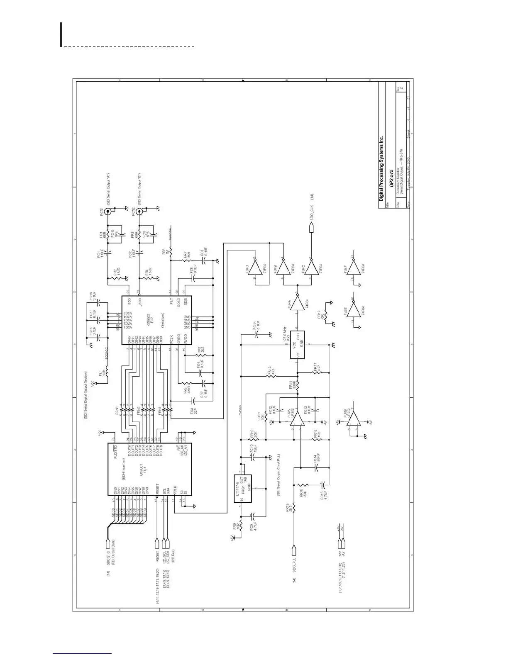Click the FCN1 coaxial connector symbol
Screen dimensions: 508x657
coord(109,212)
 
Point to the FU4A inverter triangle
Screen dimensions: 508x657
coord(297,305)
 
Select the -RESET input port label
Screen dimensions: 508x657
coord(157,556)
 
